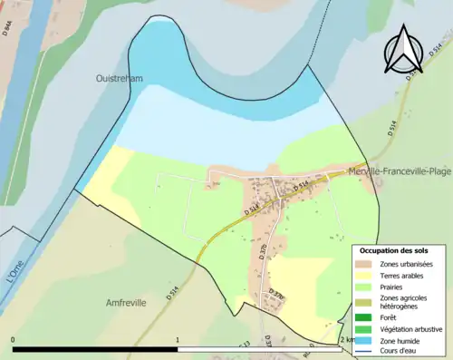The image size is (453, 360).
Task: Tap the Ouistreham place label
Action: (x=120, y=79)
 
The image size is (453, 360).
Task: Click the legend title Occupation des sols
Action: (x=394, y=249)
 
